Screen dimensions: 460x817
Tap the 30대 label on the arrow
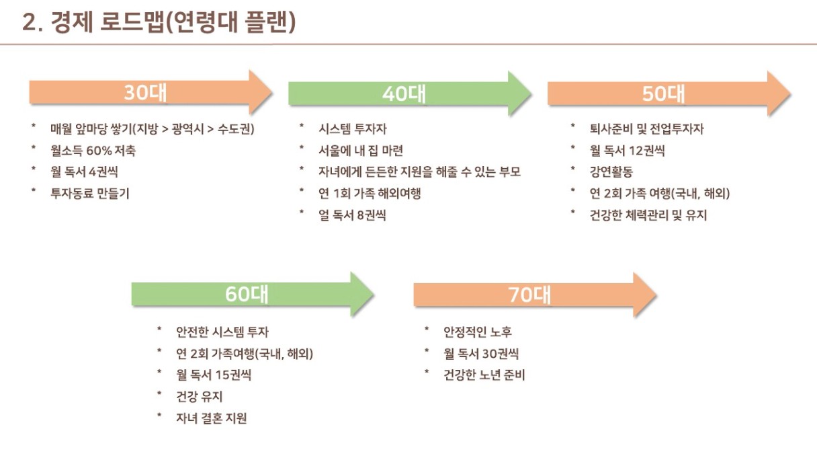point(145,93)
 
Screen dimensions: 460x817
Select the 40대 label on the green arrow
point(404,94)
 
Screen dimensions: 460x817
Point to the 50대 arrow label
point(663,94)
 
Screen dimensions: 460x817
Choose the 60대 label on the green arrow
point(247,294)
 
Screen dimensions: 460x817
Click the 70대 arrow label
point(529,295)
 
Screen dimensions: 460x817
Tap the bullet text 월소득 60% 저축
point(97,151)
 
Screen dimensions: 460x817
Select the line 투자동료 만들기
point(90,194)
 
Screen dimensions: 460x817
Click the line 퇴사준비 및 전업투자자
point(646,129)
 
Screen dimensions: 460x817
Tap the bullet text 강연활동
point(611,172)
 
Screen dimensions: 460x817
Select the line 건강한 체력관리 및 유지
point(648,215)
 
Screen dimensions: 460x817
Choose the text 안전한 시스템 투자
point(222,332)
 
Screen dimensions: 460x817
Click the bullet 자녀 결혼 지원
point(212,418)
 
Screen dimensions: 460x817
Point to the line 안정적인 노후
point(478,332)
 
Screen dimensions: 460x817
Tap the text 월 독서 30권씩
point(481,353)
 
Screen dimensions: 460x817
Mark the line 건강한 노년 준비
point(484,375)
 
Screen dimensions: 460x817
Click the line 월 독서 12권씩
point(627,151)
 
